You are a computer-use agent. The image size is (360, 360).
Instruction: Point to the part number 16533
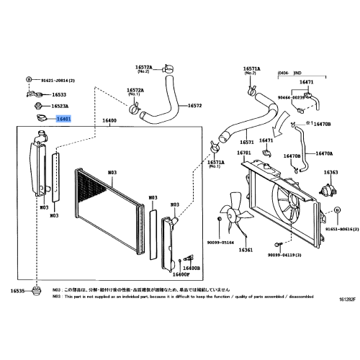[x=60, y=94]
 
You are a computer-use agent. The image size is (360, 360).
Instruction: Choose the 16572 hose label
[x=194, y=106]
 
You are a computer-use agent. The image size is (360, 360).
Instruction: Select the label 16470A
[x=323, y=153]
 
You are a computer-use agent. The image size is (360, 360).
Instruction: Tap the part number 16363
[x=331, y=173]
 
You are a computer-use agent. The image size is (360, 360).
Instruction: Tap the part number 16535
[x=17, y=291]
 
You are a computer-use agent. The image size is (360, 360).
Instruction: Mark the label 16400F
[x=181, y=274]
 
